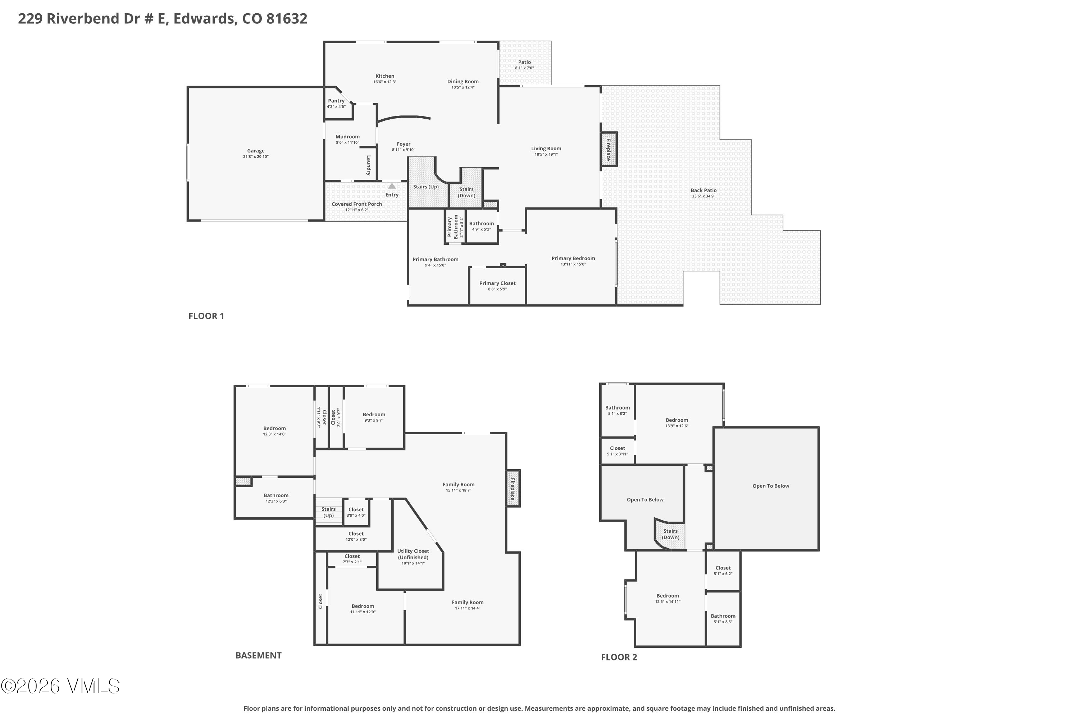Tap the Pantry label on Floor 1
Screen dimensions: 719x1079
point(336,101)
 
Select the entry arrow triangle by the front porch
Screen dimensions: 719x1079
point(392,186)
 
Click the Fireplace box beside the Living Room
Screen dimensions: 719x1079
point(609,150)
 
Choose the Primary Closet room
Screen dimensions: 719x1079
point(497,286)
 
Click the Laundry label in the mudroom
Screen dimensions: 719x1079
point(368,165)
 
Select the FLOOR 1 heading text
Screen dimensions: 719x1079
point(206,316)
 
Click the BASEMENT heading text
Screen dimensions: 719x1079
point(258,655)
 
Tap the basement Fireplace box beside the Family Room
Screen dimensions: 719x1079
point(513,489)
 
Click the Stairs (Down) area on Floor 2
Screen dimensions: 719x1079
point(670,534)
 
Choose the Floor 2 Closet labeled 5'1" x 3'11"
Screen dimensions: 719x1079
point(618,451)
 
